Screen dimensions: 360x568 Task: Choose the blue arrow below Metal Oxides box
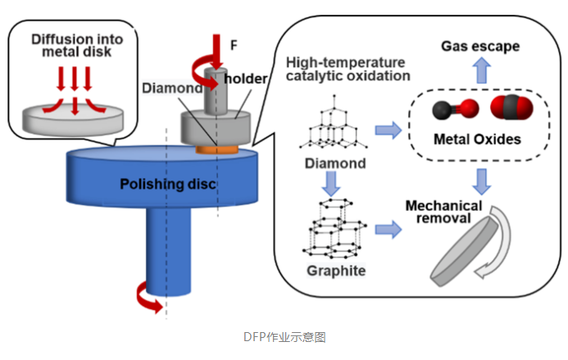click(479, 177)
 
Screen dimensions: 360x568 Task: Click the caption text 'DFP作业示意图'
click(284, 336)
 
